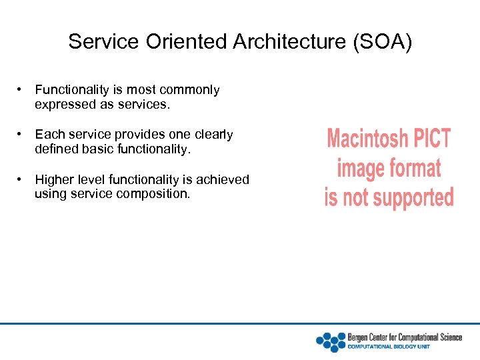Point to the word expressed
point(65,105)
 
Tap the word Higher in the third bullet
point(55,179)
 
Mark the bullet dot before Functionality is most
point(22,89)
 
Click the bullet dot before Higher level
point(22,179)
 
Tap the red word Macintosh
point(367,139)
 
